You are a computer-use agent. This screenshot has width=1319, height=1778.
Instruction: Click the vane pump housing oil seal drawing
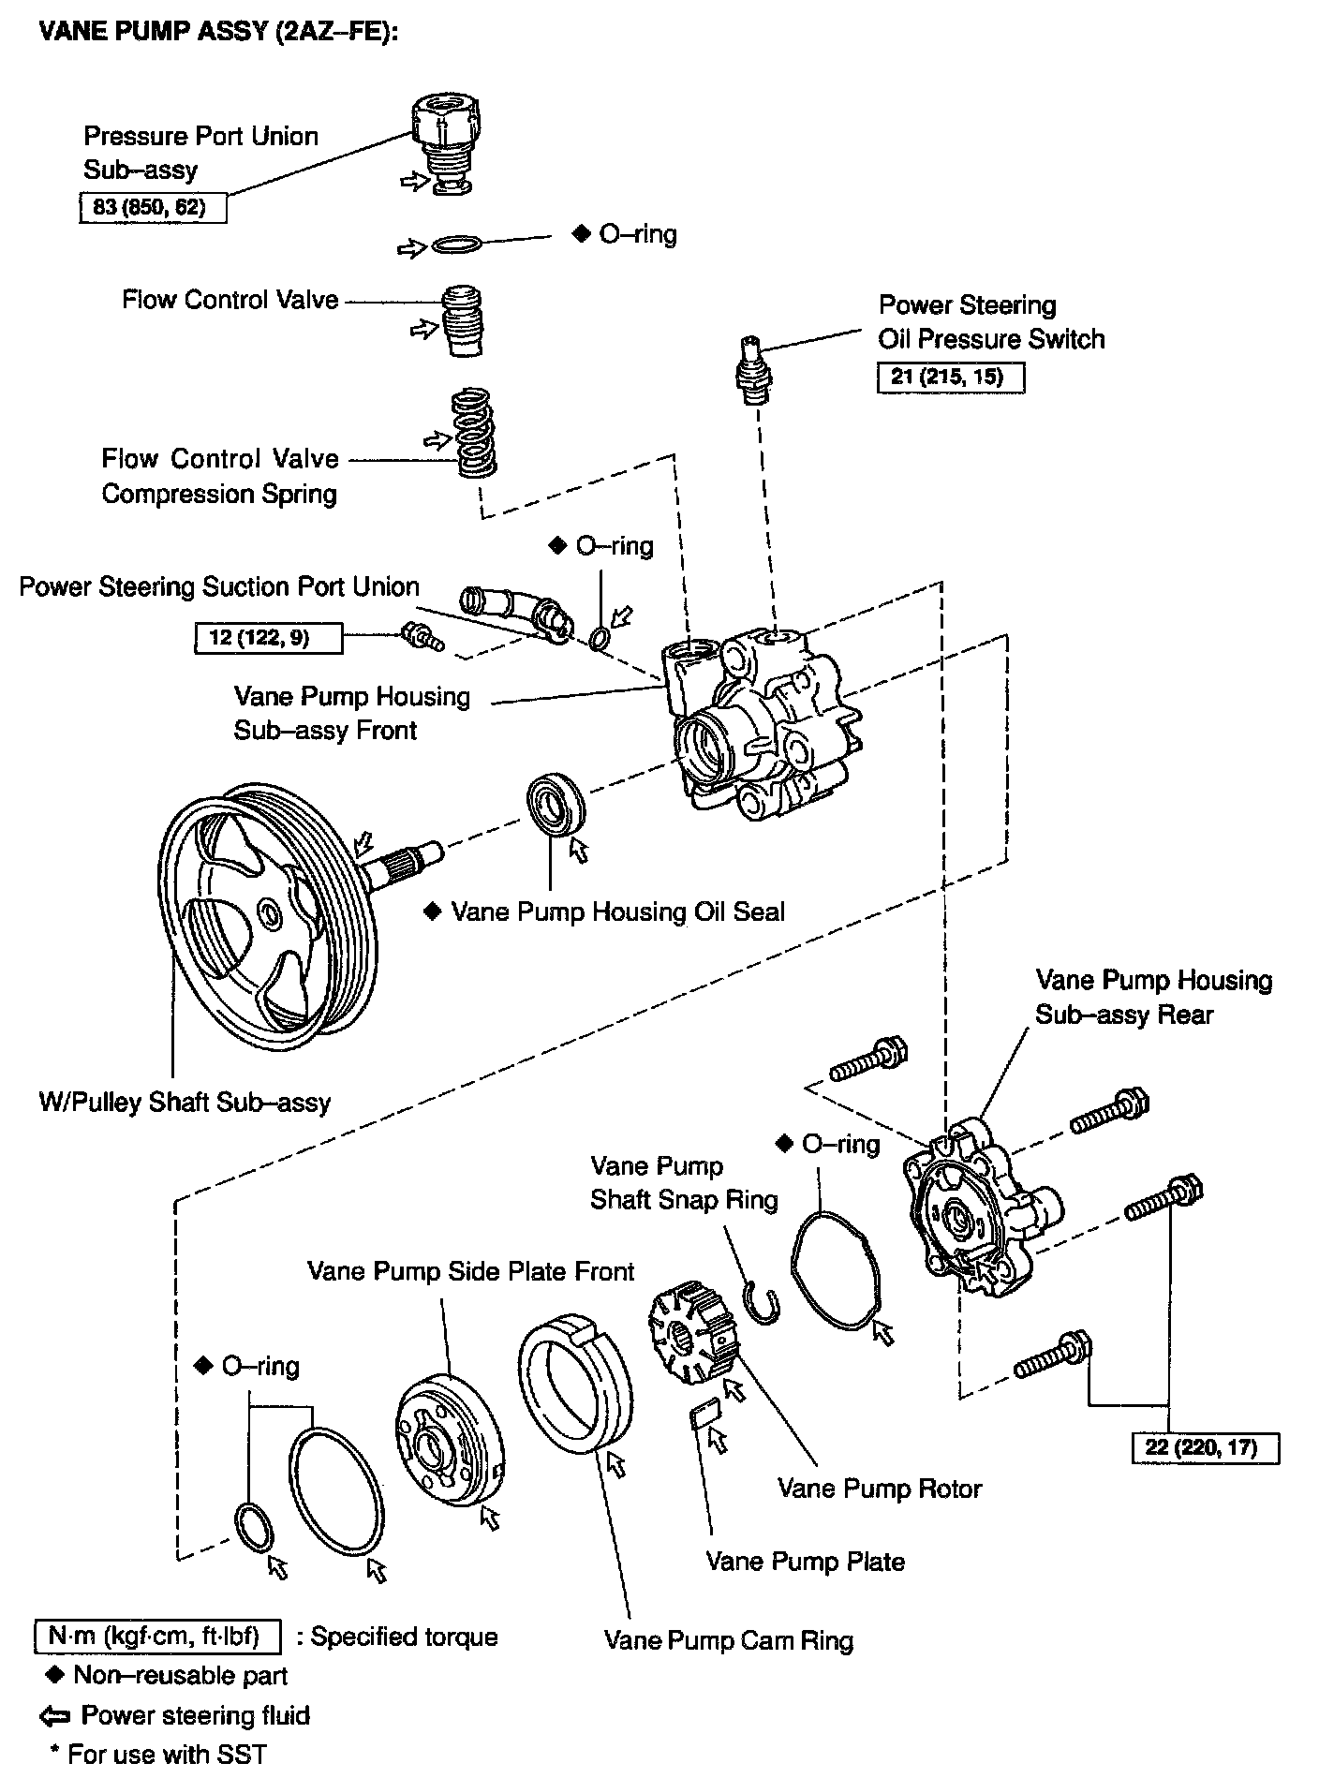(x=555, y=803)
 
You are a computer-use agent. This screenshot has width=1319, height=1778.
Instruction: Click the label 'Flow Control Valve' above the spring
(x=230, y=300)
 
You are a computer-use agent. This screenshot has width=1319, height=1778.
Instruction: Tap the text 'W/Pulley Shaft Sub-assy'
(x=185, y=1102)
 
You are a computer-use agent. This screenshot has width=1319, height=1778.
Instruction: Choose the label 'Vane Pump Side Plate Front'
(x=470, y=1271)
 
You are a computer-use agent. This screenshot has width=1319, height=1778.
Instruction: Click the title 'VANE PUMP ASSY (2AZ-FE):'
(x=217, y=34)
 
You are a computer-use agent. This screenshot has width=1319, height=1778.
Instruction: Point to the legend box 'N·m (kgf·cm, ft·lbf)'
(x=157, y=1637)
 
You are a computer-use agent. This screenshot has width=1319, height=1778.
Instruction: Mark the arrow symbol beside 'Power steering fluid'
(x=55, y=1716)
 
